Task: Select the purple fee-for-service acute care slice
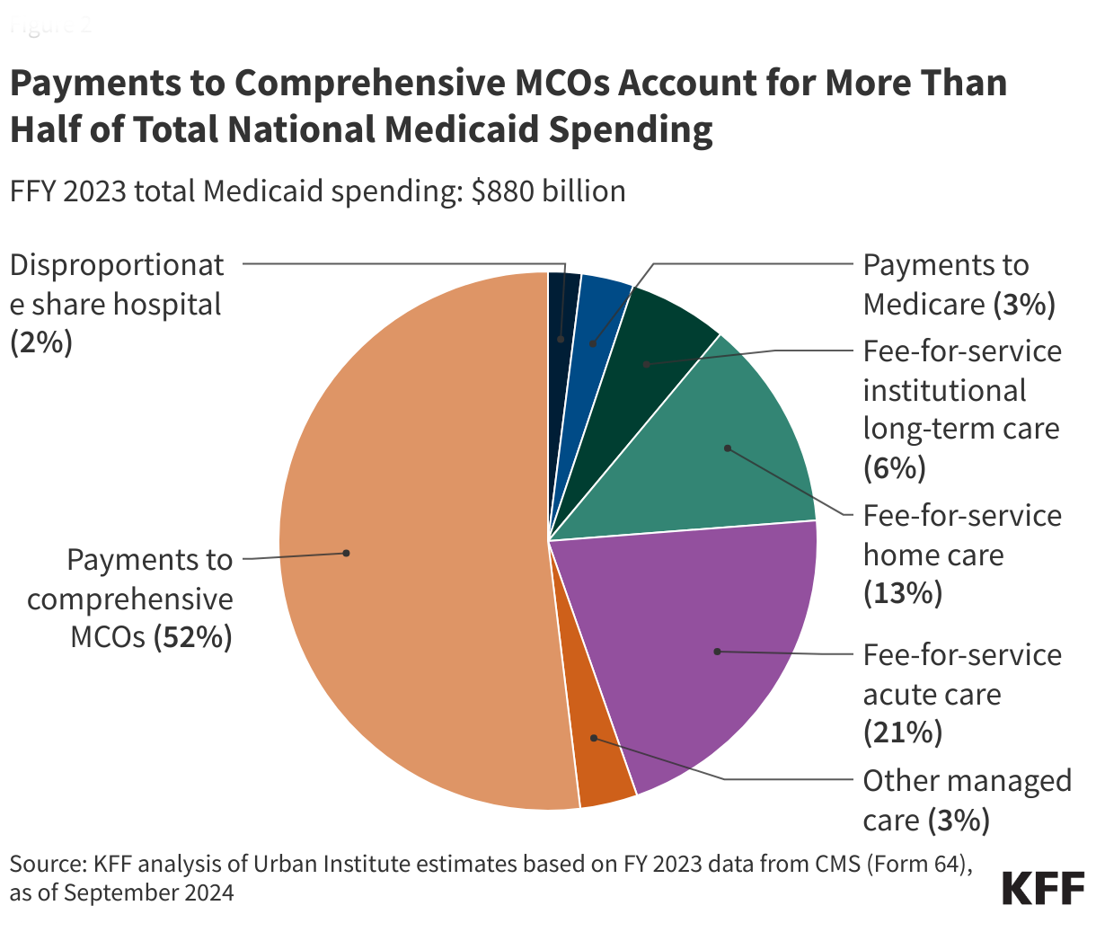710,647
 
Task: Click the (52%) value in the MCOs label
192,637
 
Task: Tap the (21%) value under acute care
902,733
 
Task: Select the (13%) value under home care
902,594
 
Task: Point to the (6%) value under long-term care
894,468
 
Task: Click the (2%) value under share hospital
40,343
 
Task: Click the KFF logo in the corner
1043,888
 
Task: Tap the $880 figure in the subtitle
503,191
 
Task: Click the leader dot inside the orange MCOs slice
346,553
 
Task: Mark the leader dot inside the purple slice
717,651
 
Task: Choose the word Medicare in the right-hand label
924,305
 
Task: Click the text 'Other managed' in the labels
967,781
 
